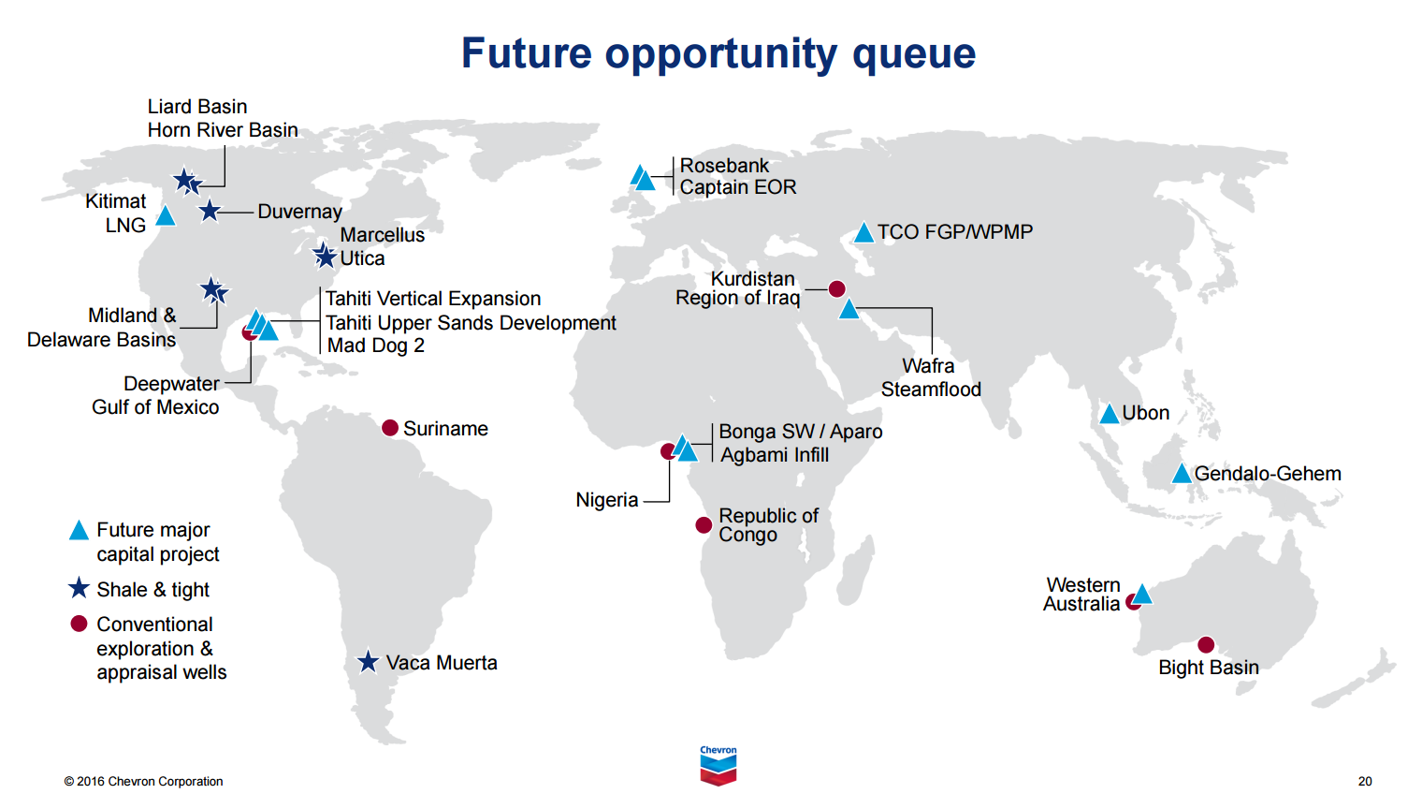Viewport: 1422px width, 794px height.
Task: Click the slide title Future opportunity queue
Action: (718, 53)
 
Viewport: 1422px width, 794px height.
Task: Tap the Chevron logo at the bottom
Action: (718, 765)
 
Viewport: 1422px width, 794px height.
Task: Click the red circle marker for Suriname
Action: (390, 428)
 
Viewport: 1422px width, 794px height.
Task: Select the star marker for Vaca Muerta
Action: (369, 662)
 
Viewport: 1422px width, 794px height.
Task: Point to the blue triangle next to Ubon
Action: (1109, 414)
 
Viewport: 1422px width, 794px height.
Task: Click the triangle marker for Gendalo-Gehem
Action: (1182, 474)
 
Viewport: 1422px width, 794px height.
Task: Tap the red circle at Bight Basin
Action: (1206, 644)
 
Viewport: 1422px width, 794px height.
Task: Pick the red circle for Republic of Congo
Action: (704, 525)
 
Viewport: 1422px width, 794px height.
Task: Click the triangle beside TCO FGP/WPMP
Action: (863, 233)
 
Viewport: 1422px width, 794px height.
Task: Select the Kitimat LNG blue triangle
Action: (166, 216)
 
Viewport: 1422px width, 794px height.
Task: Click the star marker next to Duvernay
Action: (210, 212)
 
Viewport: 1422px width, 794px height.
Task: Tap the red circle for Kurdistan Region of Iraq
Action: (837, 289)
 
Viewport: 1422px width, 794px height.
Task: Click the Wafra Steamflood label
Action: (930, 377)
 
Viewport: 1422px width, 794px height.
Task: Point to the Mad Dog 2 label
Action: (376, 346)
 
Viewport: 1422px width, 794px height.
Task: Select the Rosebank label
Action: (724, 166)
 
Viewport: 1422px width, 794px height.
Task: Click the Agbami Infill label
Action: (775, 455)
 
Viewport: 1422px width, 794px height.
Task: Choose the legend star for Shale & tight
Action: (80, 589)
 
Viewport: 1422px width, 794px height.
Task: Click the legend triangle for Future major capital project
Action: (80, 531)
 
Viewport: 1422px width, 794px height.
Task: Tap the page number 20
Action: (1365, 781)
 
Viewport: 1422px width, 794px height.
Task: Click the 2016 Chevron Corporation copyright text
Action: (143, 781)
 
